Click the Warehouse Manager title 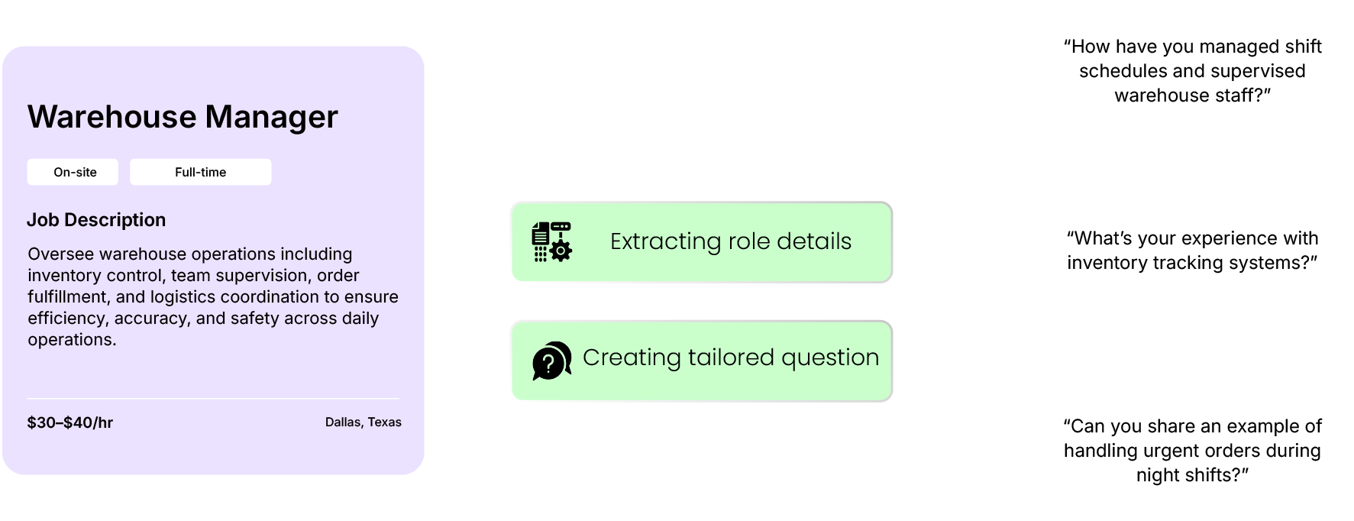pos(183,117)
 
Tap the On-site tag pos(75,172)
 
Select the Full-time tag pos(200,172)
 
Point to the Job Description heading pos(96,220)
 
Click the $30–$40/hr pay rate pos(70,422)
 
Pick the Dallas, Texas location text pos(363,422)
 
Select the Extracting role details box pos(701,242)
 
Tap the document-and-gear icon pos(551,242)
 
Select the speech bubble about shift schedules pos(1191,71)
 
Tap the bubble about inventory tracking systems pos(1191,251)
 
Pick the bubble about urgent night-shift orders pos(1191,451)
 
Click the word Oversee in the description pos(57,254)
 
